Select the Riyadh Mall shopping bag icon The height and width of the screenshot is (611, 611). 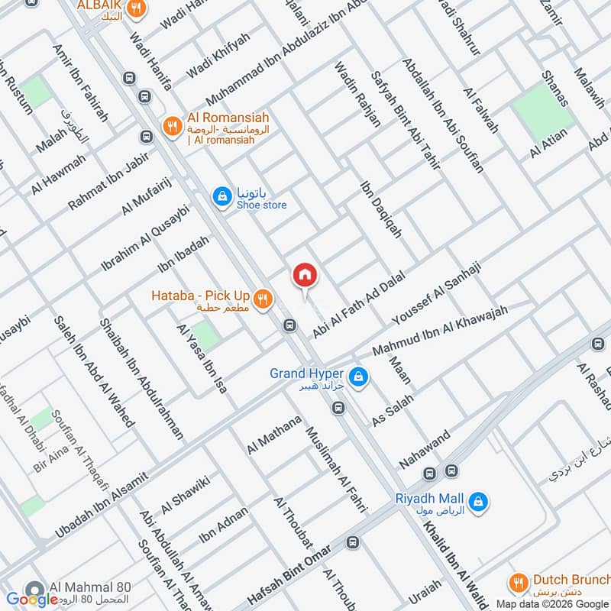point(480,502)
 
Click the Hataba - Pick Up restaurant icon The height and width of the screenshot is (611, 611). point(263,299)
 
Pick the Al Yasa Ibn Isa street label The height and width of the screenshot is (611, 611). point(202,359)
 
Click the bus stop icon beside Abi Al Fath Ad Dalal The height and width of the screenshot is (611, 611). point(289,326)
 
